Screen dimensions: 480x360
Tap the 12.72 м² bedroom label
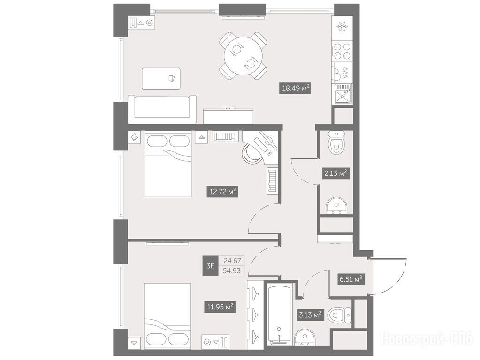[222, 191]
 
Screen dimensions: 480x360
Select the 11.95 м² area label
[220, 307]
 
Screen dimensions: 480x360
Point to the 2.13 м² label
[335, 173]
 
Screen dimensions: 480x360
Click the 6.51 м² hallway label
[351, 279]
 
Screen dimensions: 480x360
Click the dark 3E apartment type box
[210, 265]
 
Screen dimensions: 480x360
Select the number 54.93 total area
[232, 270]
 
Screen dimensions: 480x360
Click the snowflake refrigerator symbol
[342, 27]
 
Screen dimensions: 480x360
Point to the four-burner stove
[342, 51]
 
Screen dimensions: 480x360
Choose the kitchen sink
[343, 93]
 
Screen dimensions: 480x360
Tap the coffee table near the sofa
[161, 79]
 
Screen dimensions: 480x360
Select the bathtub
[279, 314]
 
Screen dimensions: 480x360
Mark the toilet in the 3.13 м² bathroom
[339, 315]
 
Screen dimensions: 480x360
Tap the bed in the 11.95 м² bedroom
[168, 315]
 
